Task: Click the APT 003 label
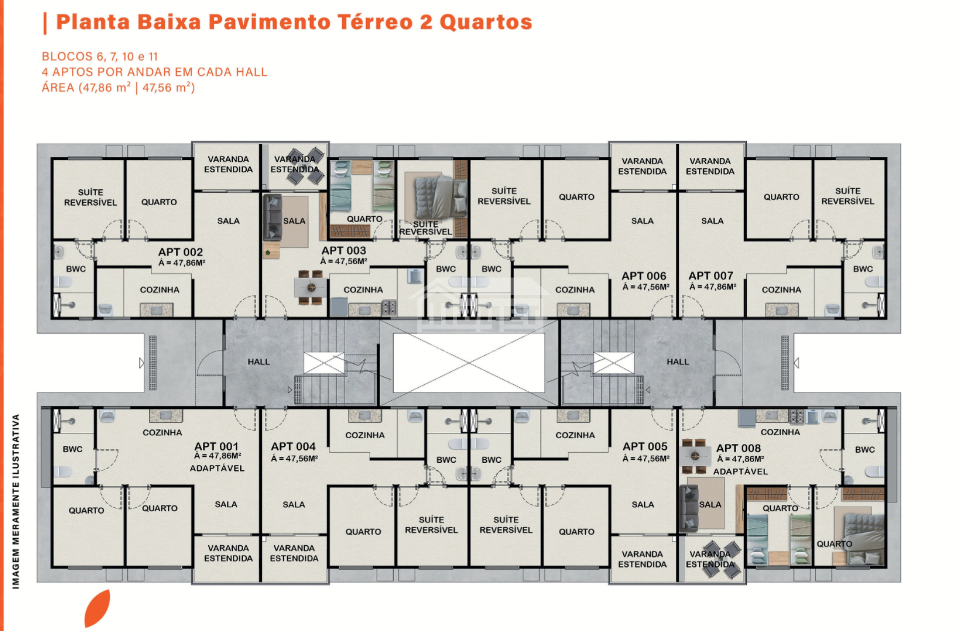(x=344, y=251)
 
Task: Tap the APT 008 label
(x=738, y=448)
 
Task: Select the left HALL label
(x=259, y=362)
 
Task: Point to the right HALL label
(x=678, y=362)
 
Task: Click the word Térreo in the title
(x=375, y=22)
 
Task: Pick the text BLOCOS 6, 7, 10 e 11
(x=100, y=56)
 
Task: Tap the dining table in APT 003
(x=311, y=288)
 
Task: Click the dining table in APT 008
(x=694, y=455)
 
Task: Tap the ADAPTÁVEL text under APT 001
(x=217, y=468)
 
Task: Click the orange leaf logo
(x=97, y=608)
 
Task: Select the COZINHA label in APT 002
(x=160, y=290)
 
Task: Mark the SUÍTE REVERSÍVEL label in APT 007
(x=848, y=196)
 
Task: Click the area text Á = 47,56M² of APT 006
(x=646, y=287)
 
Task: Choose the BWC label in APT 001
(x=72, y=449)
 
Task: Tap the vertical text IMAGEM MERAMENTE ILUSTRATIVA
(x=16, y=501)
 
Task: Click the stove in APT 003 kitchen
(x=389, y=308)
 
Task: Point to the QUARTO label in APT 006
(x=576, y=197)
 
